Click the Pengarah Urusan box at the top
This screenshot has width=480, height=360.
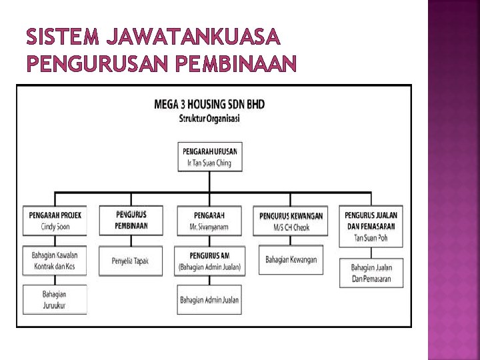click(x=210, y=156)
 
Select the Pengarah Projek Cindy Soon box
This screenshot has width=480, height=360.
click(x=55, y=221)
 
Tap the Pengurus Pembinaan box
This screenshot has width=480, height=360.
click(x=131, y=220)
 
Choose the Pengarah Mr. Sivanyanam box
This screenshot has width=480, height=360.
click(x=209, y=221)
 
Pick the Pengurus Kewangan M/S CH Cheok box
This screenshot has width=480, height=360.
click(x=291, y=221)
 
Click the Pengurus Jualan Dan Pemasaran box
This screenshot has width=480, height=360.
click(x=371, y=226)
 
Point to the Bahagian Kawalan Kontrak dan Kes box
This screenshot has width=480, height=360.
click(x=55, y=261)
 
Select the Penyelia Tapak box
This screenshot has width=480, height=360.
click(x=131, y=261)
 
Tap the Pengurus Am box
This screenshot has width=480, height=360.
click(x=209, y=261)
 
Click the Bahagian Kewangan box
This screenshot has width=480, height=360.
click(x=291, y=259)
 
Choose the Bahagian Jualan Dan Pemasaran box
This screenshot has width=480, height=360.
click(x=371, y=273)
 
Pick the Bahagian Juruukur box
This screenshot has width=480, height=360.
click(x=55, y=300)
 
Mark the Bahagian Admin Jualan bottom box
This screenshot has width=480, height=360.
click(x=209, y=300)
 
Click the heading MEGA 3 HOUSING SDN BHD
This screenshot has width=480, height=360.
click(x=209, y=105)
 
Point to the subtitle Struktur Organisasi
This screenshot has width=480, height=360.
click(x=209, y=119)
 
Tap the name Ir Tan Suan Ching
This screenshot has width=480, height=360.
click(x=210, y=162)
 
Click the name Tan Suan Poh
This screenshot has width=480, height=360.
click(x=371, y=237)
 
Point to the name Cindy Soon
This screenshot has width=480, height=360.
click(x=55, y=227)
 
